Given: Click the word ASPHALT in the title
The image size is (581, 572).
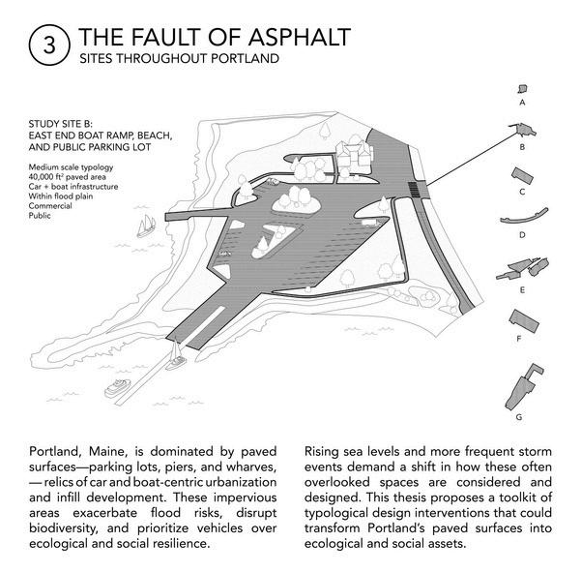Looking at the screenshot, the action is click(x=294, y=38).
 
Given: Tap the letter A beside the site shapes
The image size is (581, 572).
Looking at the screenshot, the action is click(x=522, y=101).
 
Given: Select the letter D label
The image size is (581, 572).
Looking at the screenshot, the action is click(x=521, y=235).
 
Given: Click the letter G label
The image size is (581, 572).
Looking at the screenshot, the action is click(x=520, y=416).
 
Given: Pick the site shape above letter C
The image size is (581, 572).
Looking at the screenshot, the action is click(x=523, y=174).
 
